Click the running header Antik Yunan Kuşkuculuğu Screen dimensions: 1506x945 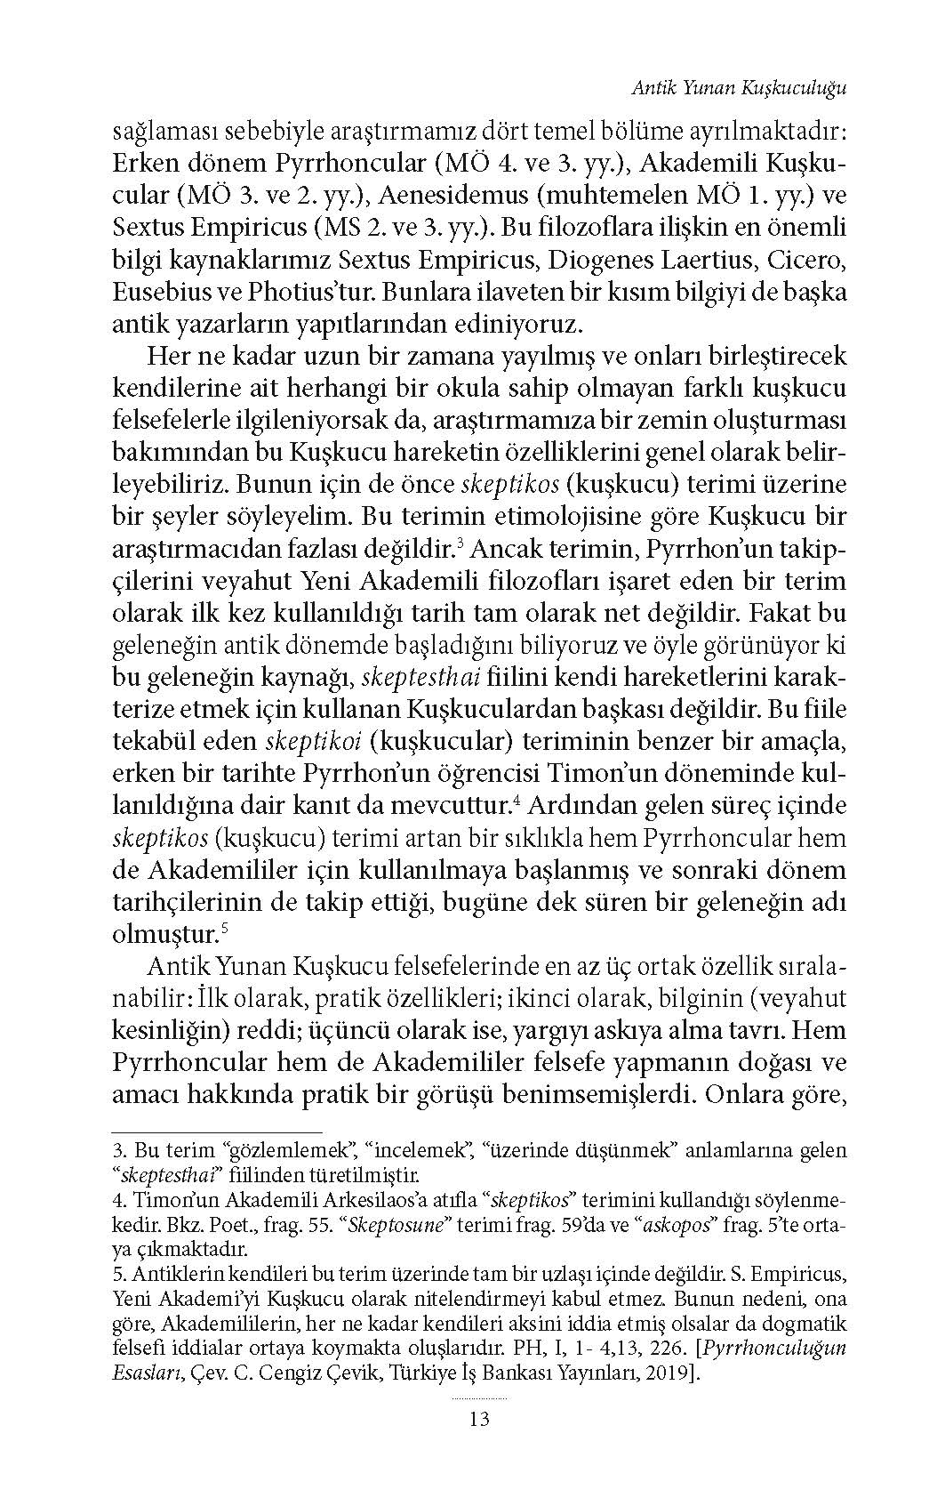736,88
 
